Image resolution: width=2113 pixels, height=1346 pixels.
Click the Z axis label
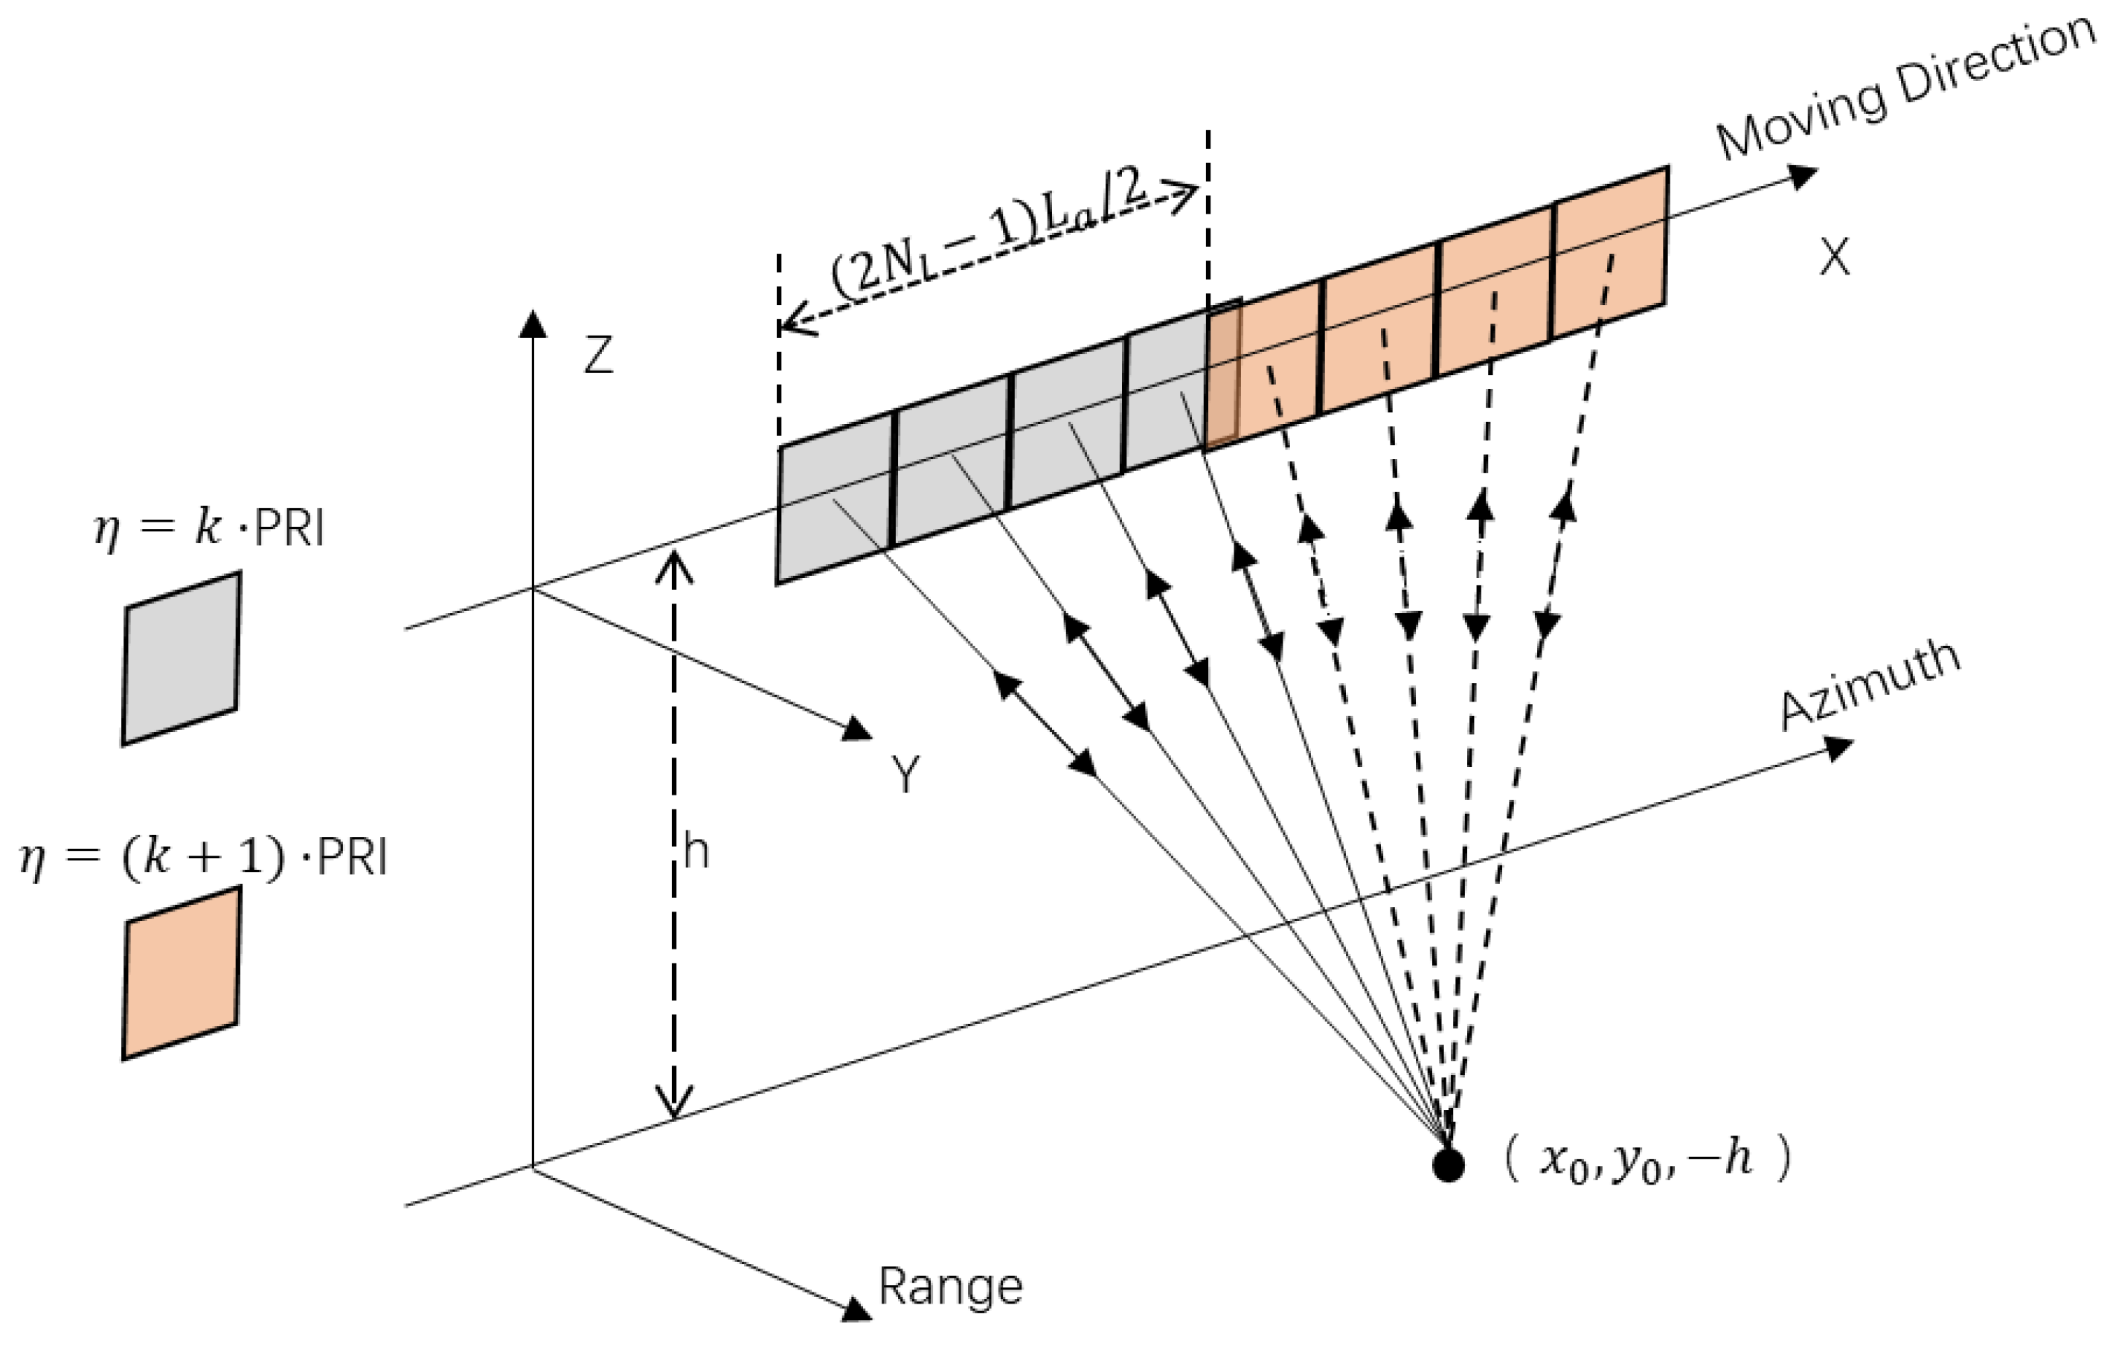click(598, 356)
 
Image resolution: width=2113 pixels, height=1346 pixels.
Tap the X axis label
click(1834, 258)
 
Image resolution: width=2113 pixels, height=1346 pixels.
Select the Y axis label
click(905, 775)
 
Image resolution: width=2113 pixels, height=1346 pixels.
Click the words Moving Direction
click(1904, 88)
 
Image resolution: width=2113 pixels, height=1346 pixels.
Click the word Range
click(950, 1287)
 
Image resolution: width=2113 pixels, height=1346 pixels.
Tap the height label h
click(695, 852)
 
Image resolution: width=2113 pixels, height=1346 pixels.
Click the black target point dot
click(1448, 1166)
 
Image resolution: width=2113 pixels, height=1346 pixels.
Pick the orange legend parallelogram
click(181, 974)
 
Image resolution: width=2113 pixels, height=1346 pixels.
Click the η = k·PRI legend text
click(209, 529)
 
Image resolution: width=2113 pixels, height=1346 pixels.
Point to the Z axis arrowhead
click(533, 323)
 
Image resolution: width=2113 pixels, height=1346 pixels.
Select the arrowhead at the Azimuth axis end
click(1839, 749)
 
